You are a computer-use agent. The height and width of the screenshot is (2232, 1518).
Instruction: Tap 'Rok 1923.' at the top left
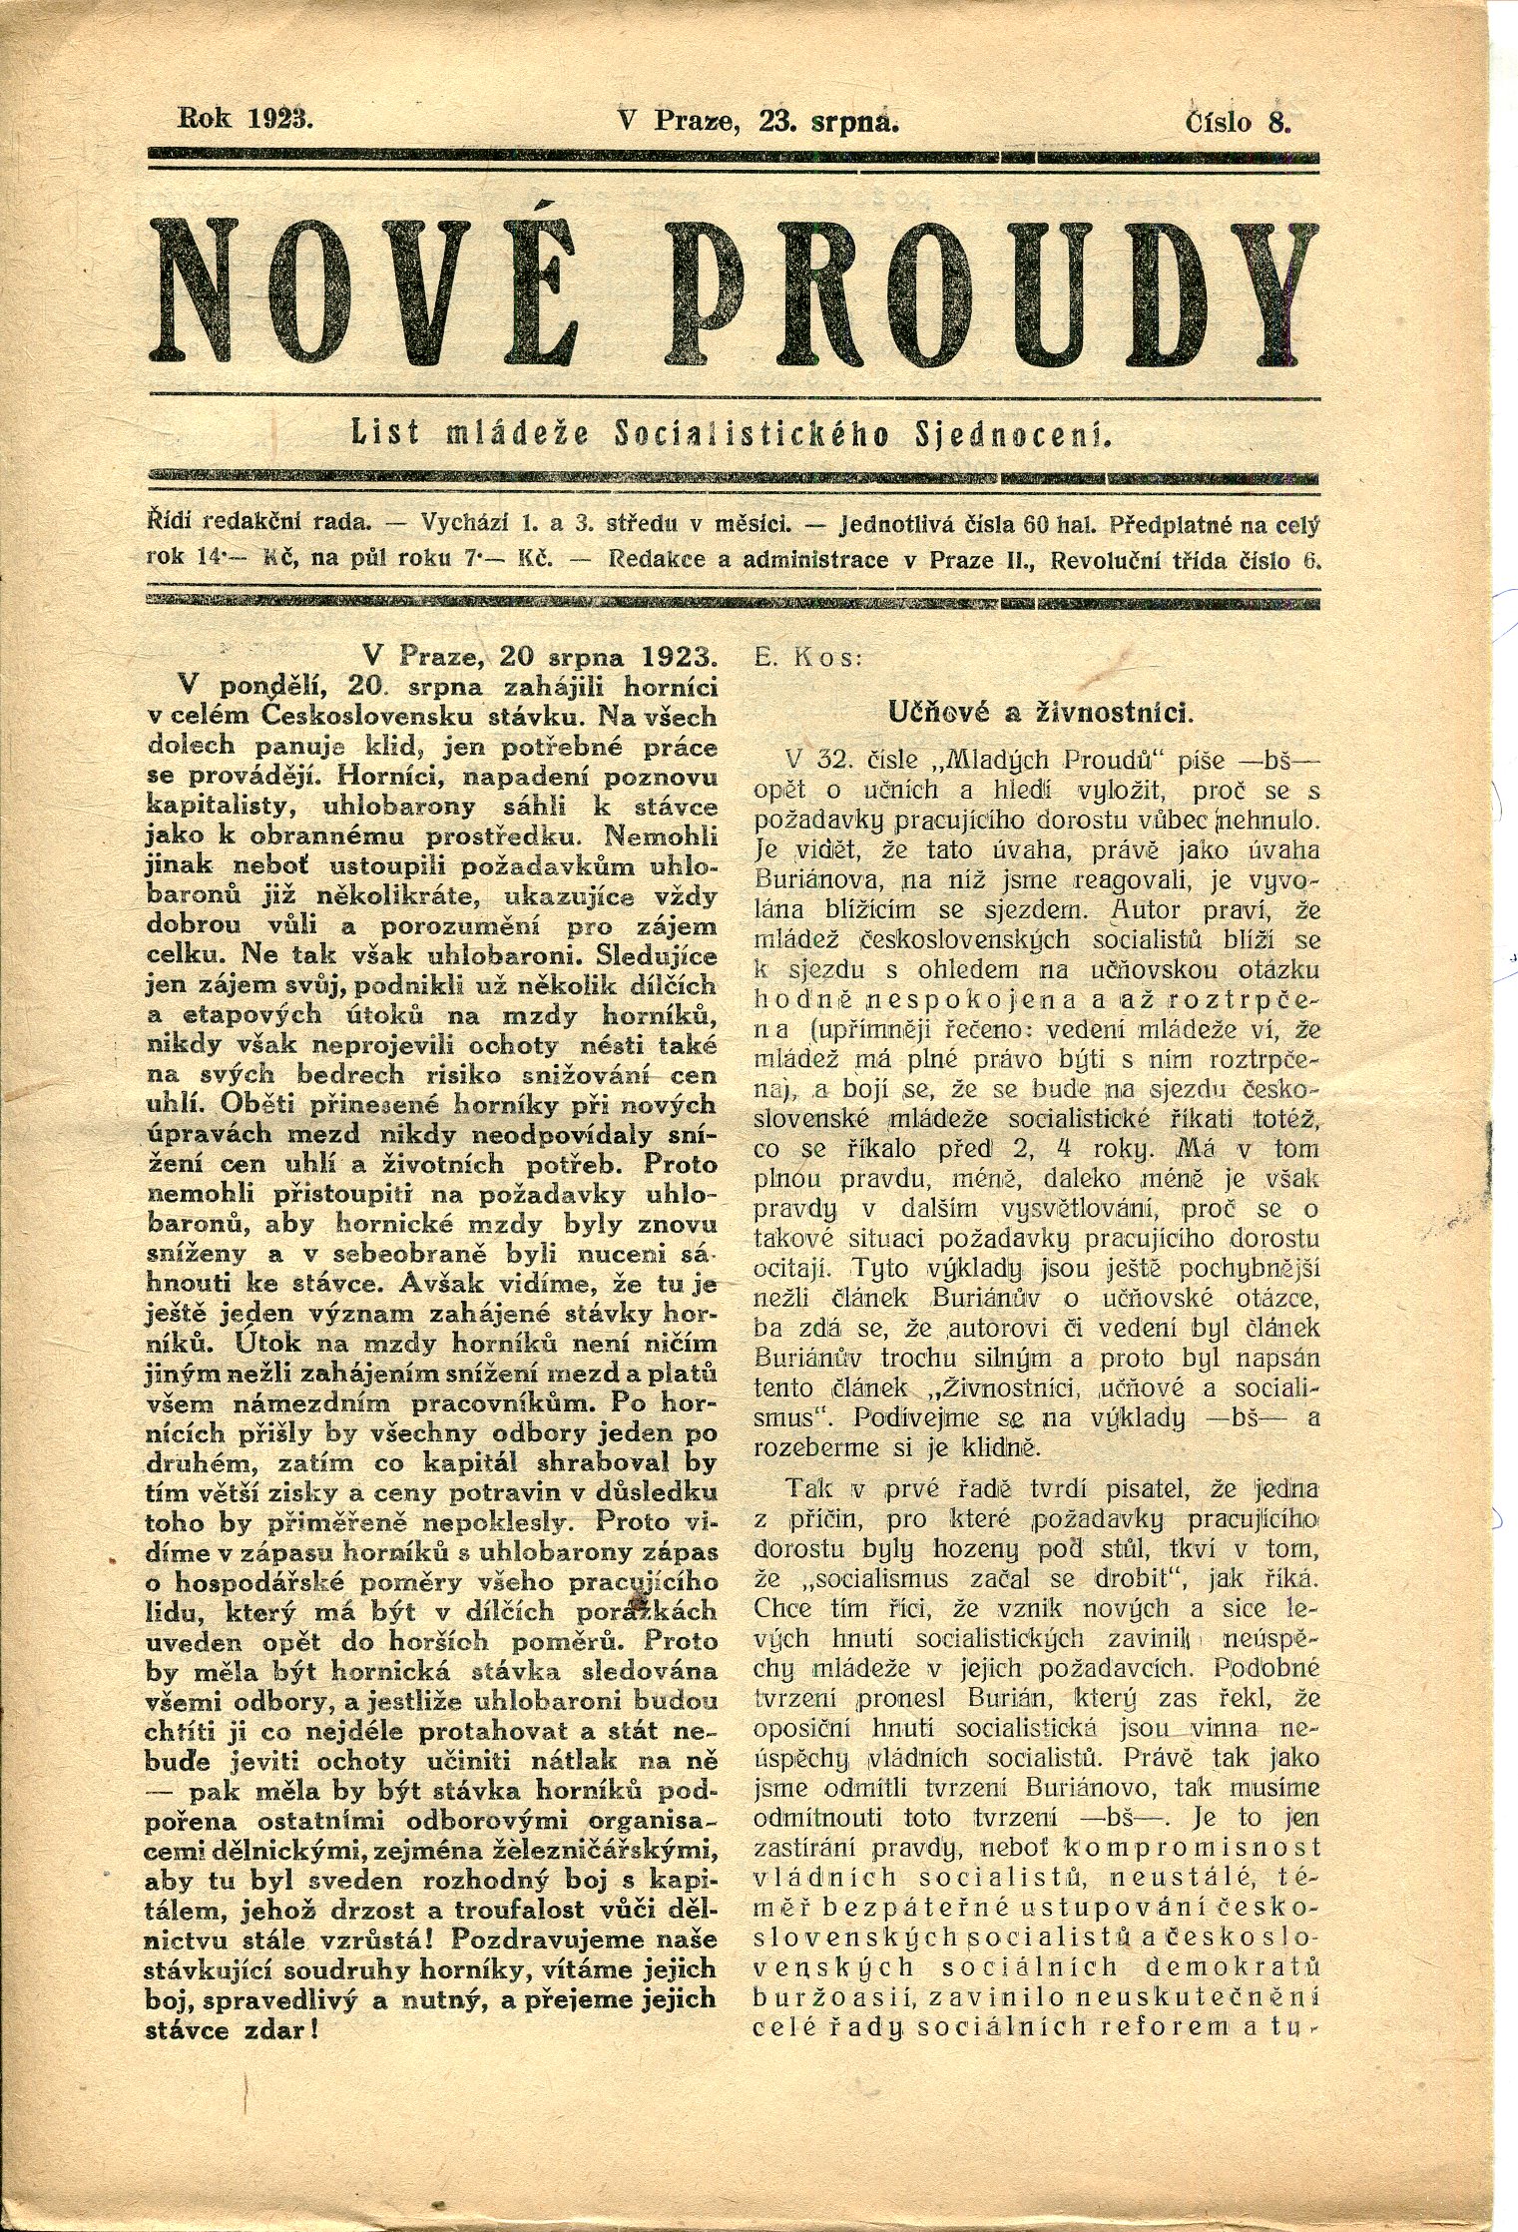click(x=245, y=120)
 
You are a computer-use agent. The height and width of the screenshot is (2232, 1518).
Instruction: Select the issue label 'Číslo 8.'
click(x=1239, y=122)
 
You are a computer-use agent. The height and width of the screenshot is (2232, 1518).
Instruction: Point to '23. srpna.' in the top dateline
click(x=828, y=122)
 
